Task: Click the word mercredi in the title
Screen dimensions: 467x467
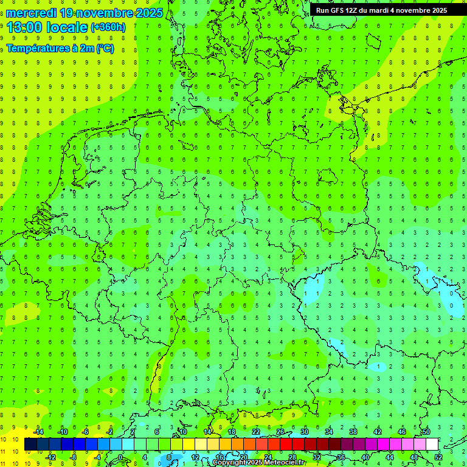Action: (30, 12)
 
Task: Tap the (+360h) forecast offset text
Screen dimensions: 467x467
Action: (108, 27)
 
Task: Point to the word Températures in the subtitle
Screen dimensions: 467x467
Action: (35, 49)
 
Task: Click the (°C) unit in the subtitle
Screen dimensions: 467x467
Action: (105, 49)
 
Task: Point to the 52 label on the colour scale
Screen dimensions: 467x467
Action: (438, 457)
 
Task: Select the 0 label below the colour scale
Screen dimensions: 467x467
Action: (120, 457)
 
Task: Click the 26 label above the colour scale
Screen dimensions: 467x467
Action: (280, 432)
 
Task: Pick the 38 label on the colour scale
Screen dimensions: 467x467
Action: (353, 432)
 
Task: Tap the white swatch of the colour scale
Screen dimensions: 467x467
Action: (432, 445)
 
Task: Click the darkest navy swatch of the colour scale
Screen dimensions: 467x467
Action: (30, 445)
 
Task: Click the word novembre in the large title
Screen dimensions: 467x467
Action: (107, 12)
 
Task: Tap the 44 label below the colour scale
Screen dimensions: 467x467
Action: (390, 457)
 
